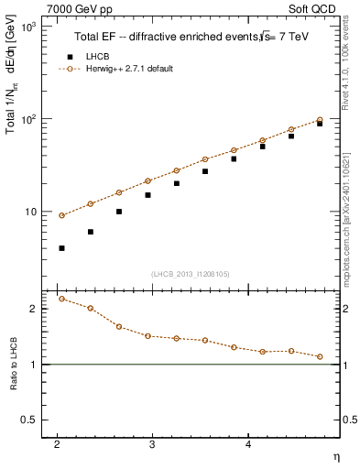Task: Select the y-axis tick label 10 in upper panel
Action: (30, 212)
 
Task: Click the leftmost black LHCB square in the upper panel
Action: (61, 248)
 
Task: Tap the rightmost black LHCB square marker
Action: (320, 124)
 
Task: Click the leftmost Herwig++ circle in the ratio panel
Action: (61, 299)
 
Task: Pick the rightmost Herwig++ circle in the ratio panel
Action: (320, 357)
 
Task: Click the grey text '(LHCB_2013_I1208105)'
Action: (190, 272)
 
